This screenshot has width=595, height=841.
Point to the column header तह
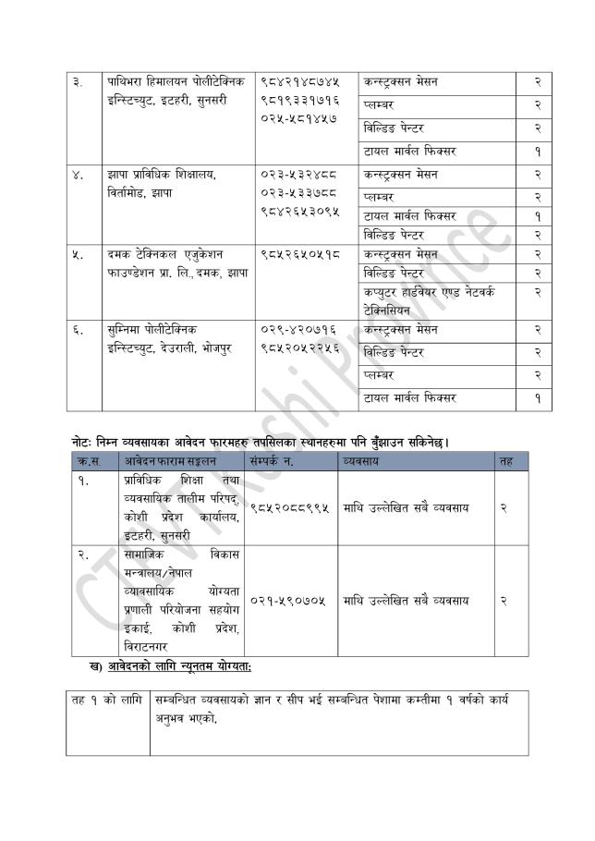pyautogui.click(x=505, y=460)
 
